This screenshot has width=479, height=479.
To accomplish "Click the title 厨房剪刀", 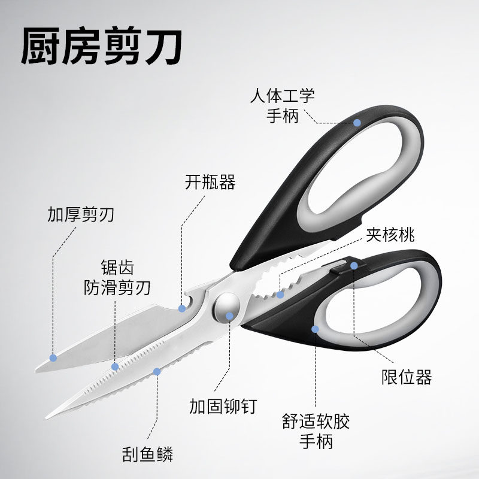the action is [102, 47].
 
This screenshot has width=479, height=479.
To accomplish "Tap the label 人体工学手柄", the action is [282, 105].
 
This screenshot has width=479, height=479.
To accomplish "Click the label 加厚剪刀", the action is [81, 214].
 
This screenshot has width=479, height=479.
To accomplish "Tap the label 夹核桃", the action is [390, 234].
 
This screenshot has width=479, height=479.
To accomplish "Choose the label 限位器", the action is [407, 377].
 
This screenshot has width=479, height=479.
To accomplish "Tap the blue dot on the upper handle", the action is [357, 122].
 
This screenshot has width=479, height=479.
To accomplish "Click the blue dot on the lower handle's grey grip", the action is [316, 328].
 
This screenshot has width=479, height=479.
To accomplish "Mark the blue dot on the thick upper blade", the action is [53, 357].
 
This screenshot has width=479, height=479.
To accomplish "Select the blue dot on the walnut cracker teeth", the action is [280, 295].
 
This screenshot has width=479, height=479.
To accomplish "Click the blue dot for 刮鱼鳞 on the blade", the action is [157, 371].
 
